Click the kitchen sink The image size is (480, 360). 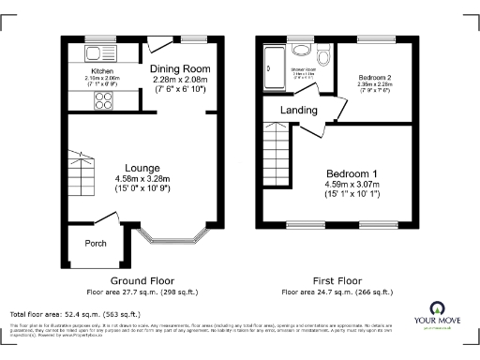97,51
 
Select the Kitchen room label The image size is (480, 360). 102,71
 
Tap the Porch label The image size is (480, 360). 96,242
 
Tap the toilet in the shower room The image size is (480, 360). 302,52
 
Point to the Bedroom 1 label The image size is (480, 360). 352,174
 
